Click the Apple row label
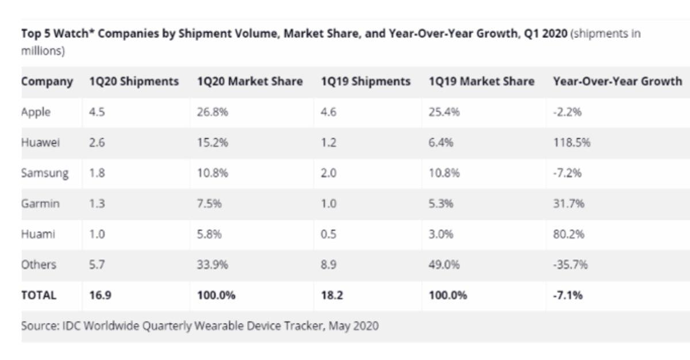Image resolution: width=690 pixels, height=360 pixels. coord(36,112)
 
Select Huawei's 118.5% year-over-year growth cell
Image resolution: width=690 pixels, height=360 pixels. coord(571,143)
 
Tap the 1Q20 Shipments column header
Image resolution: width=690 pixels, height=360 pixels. coord(133,82)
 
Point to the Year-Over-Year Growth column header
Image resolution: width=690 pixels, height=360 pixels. coord(617,82)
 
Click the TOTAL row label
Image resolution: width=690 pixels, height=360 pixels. coord(39,296)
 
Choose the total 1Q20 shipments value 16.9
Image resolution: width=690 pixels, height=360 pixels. coord(98,296)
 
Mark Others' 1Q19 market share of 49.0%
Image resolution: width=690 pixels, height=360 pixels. coord(444,265)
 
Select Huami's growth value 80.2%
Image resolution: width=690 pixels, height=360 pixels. coord(569,234)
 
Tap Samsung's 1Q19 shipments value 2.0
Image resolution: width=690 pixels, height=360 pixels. coord(328,173)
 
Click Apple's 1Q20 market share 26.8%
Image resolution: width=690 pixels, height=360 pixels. coord(212,112)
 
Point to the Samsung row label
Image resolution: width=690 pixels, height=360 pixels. coord(45,173)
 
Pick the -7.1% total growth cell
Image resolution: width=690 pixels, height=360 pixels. coord(568,296)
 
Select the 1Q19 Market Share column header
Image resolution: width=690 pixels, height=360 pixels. coord(481,82)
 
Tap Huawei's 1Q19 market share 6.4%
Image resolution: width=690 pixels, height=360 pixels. coord(440,143)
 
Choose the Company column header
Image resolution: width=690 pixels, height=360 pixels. coord(47,82)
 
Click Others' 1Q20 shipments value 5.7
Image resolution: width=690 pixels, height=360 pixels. coord(97,265)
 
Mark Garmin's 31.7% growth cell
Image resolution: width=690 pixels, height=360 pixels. coord(569,204)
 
